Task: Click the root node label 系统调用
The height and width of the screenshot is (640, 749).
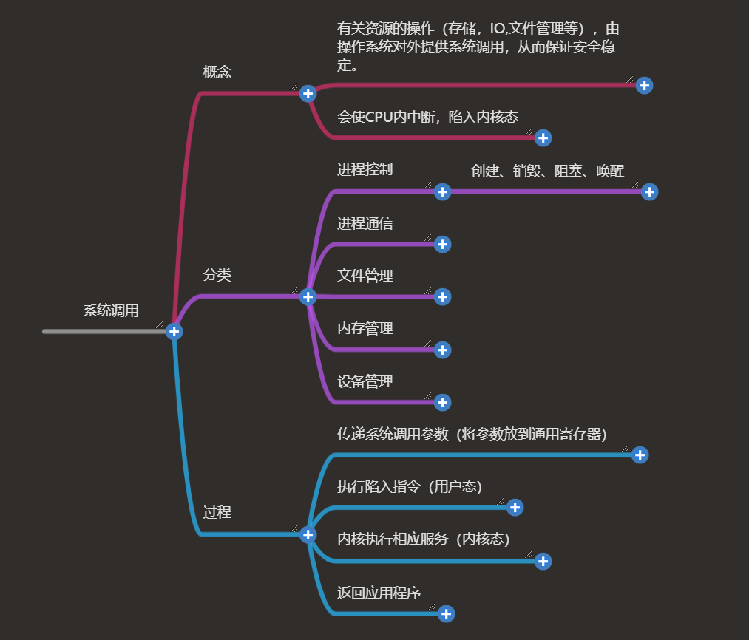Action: click(x=111, y=311)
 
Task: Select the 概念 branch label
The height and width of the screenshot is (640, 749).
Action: click(x=217, y=72)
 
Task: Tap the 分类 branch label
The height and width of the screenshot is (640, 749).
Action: click(x=217, y=275)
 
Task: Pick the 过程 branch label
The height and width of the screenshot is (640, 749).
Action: click(x=217, y=513)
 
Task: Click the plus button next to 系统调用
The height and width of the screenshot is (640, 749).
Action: click(x=174, y=331)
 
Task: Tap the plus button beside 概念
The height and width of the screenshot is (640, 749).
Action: click(x=308, y=93)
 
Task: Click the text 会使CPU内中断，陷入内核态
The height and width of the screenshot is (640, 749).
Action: click(x=427, y=117)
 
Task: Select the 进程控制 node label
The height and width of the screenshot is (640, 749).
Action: click(x=365, y=170)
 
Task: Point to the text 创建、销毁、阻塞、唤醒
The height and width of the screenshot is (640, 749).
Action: click(x=548, y=171)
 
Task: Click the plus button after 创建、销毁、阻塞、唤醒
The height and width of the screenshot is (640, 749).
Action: click(x=649, y=191)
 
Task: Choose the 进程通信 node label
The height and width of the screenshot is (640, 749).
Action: click(x=365, y=223)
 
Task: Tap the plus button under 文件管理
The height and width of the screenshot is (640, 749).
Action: click(x=442, y=296)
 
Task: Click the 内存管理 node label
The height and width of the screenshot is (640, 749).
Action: click(x=365, y=329)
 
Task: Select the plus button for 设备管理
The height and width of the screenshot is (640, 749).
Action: click(x=442, y=402)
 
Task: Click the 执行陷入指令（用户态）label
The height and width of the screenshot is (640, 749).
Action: click(x=410, y=487)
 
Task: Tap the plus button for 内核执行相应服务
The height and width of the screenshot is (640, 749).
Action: click(x=543, y=561)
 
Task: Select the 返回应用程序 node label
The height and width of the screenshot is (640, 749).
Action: click(x=379, y=593)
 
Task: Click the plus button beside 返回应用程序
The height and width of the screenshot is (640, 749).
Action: click(x=446, y=613)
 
